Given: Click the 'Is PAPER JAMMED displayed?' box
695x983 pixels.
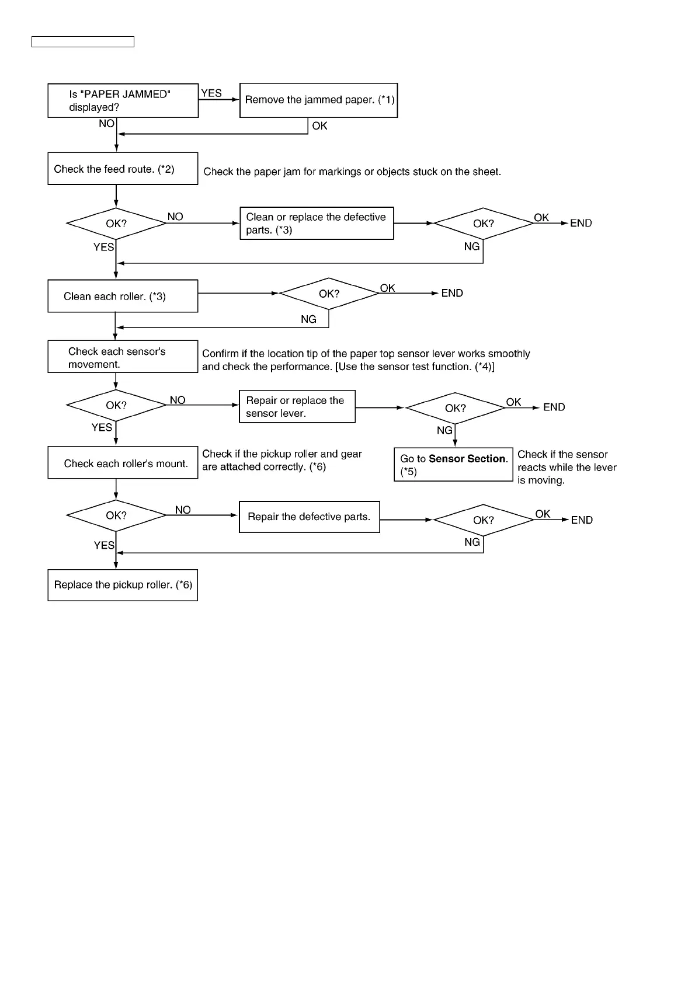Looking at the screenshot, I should (x=123, y=100).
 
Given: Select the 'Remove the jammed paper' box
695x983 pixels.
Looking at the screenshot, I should (x=318, y=100).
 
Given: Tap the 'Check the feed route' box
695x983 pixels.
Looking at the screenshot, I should (x=123, y=169).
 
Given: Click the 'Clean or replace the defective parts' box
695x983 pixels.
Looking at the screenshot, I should (x=317, y=223).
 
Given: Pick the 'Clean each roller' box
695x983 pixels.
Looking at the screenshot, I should (x=123, y=296).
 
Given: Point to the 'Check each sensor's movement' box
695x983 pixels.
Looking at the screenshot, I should (x=123, y=357).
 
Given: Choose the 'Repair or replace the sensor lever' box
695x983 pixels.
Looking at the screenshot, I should (x=297, y=406).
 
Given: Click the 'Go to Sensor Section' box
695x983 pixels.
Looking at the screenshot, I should (x=453, y=465).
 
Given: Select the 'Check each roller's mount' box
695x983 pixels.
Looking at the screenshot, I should (x=123, y=463).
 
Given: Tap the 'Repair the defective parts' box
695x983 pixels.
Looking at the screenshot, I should (x=309, y=517).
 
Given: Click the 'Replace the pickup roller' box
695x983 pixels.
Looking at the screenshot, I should (x=123, y=585).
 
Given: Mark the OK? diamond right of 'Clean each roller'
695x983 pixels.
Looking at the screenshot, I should (x=329, y=294).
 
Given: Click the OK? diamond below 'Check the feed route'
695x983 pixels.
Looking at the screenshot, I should (x=116, y=224).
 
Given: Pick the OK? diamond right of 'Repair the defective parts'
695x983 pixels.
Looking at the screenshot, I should (x=484, y=520).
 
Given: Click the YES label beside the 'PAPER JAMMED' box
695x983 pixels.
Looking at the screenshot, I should (x=211, y=93).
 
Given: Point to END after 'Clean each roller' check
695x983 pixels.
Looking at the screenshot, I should (x=452, y=293).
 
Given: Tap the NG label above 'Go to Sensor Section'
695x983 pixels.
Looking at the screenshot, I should (x=444, y=430).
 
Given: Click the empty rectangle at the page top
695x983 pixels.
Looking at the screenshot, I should (x=83, y=41).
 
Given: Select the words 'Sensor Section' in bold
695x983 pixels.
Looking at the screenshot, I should (x=467, y=459).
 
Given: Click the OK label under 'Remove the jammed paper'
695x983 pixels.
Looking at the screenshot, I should (x=319, y=126).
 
